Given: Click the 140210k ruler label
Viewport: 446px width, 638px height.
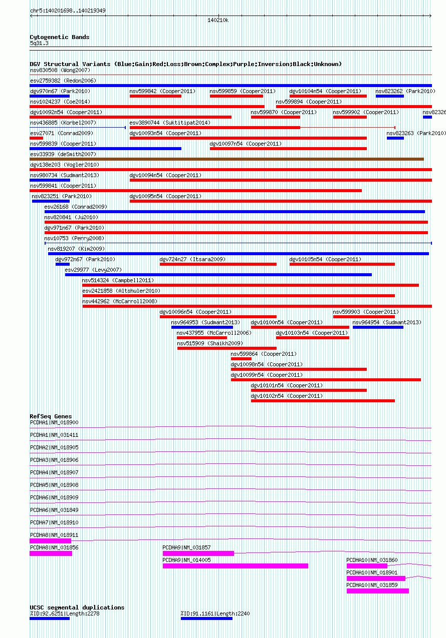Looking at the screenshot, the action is click(218, 20).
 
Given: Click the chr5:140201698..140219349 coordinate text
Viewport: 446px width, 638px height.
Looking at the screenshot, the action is click(68, 11).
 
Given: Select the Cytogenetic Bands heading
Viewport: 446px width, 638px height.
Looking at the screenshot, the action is click(60, 37).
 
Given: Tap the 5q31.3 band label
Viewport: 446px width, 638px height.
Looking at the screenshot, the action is click(40, 44).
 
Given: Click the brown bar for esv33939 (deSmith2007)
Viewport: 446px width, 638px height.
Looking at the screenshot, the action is click(227, 159).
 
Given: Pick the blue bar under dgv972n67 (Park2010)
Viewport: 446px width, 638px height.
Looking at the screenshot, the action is click(63, 264).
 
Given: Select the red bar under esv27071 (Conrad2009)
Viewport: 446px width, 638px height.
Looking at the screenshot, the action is click(36, 138).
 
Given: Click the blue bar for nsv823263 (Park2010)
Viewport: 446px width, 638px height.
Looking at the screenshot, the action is click(395, 138).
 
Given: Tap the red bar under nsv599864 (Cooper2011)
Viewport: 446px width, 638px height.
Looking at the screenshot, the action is click(241, 359).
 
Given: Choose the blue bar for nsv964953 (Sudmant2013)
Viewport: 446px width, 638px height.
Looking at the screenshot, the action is click(202, 327).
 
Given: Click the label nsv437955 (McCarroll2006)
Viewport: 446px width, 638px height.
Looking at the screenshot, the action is click(214, 333).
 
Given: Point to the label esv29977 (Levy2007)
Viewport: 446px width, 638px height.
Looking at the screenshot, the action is click(93, 270).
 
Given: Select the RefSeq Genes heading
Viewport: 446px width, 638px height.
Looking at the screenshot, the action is click(51, 416).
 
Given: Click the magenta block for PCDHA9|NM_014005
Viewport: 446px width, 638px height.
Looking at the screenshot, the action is click(236, 566).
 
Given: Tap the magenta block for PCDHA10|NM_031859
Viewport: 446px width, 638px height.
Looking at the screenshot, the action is click(378, 591).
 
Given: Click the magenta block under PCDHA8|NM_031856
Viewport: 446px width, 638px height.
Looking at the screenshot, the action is click(51, 553).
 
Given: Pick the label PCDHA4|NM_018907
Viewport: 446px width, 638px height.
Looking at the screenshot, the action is click(54, 472).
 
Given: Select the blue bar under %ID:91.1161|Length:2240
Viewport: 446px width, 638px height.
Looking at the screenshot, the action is click(207, 618).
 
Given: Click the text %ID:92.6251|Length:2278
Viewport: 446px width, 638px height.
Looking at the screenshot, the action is click(65, 613).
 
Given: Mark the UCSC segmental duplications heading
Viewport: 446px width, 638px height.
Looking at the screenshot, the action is click(77, 607).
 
